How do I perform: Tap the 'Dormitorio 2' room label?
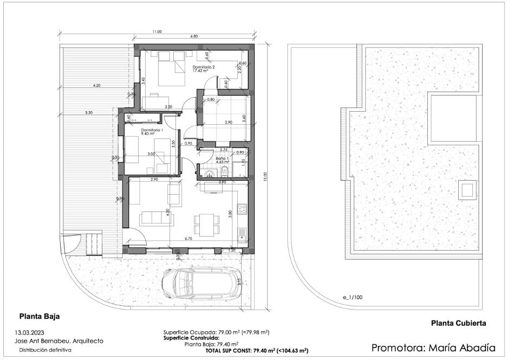[x=204, y=68]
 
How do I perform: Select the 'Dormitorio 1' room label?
[x=152, y=131]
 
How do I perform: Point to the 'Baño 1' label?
[x=220, y=158]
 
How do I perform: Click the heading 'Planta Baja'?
[x=40, y=315]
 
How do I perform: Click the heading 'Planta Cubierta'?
[x=458, y=323]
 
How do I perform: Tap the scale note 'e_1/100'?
[x=352, y=298]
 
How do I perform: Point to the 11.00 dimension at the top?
[x=157, y=32]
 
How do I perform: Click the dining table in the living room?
[x=207, y=224]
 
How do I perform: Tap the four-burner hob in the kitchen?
[x=242, y=208]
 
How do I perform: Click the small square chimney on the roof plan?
[x=466, y=190]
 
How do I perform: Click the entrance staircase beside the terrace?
[x=92, y=244]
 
